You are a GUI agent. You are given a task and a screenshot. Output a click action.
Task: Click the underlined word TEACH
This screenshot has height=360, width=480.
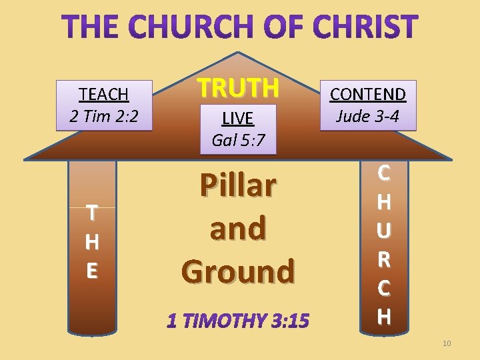(x=103, y=94)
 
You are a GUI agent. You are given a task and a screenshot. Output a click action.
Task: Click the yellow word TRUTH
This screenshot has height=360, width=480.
(x=237, y=87)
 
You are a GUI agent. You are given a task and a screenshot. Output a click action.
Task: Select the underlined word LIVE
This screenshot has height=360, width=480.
(x=237, y=119)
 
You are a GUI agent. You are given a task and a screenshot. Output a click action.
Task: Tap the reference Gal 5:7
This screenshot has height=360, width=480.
(x=237, y=139)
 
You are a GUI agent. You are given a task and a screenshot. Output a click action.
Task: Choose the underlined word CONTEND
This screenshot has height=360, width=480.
(x=368, y=95)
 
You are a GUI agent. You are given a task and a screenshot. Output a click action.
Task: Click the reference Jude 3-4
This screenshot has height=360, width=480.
(x=368, y=116)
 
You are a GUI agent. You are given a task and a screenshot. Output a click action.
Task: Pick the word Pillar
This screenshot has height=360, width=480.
(x=237, y=186)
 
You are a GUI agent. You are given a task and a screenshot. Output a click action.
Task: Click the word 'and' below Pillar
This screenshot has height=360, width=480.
(x=237, y=229)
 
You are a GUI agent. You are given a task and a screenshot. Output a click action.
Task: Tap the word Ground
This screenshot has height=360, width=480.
(x=237, y=271)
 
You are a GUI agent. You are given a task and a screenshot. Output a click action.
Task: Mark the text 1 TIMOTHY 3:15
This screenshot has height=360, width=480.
(x=237, y=321)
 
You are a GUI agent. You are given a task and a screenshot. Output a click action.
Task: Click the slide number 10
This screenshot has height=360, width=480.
(x=446, y=343)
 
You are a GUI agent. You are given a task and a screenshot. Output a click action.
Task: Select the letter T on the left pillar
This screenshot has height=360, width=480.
(x=92, y=213)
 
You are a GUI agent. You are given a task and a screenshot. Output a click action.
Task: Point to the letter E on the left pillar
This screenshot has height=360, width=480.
(x=92, y=271)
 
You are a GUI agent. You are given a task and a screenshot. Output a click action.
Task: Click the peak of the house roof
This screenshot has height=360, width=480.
(x=237, y=53)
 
